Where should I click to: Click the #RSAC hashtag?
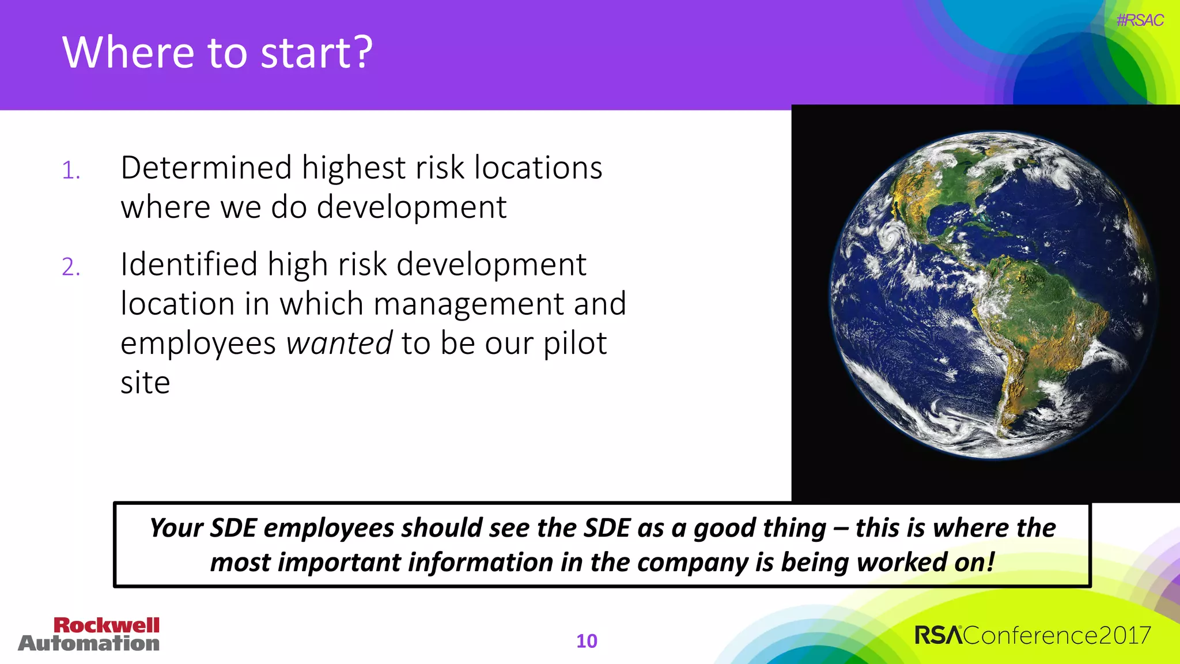point(1140,20)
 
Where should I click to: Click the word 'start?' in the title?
point(316,53)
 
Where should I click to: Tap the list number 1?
point(71,171)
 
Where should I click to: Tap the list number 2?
point(71,267)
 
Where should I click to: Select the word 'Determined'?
point(206,168)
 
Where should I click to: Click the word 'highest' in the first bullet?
point(354,168)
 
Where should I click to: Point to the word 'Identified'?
point(189,265)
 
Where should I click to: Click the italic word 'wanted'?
point(339,344)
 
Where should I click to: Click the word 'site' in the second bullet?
point(145,383)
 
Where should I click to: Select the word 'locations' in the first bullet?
point(538,168)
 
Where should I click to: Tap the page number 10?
point(587,641)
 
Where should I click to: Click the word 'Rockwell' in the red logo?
point(106,625)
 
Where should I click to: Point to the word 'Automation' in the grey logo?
point(89,643)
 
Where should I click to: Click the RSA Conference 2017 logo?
point(1032,636)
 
